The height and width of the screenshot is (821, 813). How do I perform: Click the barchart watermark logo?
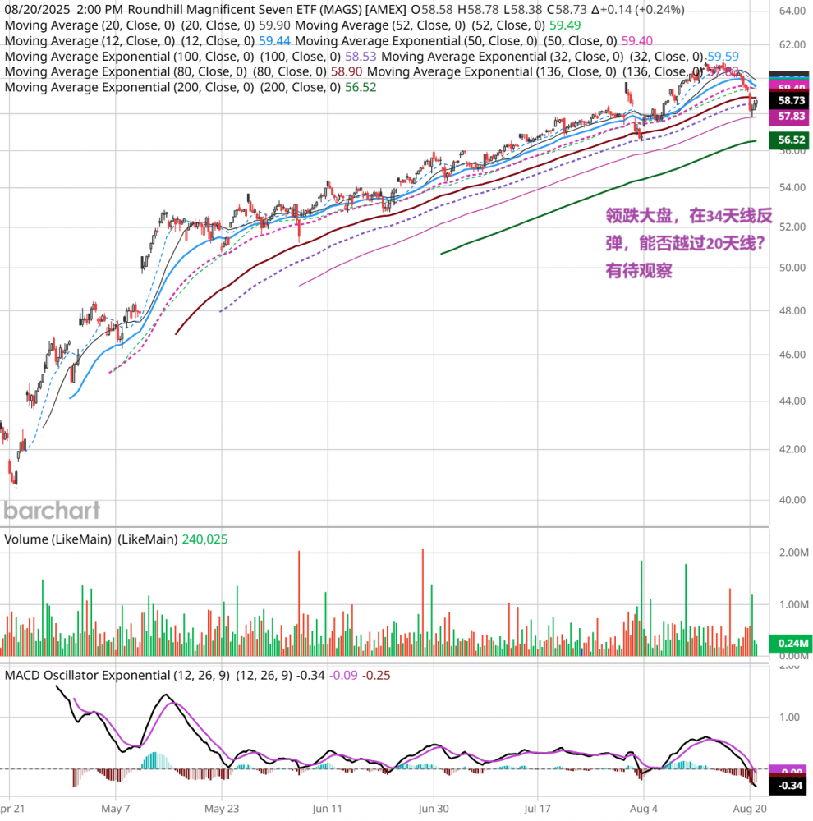coord(53,510)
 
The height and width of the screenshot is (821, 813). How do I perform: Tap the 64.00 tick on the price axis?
coord(792,11)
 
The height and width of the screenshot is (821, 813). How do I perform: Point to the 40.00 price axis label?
coord(792,498)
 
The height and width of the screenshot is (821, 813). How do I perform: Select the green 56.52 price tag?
coord(791,140)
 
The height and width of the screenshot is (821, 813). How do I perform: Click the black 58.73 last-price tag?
coord(791,100)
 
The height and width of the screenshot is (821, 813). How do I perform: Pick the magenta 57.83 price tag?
coord(791,118)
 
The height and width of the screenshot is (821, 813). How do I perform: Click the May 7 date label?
coord(116,808)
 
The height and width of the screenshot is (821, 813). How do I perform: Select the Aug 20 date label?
coord(751,808)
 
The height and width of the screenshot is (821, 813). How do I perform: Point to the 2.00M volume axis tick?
coord(792,553)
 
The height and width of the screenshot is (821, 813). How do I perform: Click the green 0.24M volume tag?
coord(791,644)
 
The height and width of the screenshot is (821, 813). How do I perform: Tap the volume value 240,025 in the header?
coord(204,539)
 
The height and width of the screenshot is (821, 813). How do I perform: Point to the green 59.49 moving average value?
coord(566,25)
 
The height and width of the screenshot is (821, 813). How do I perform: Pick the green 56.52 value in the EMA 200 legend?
coord(360,87)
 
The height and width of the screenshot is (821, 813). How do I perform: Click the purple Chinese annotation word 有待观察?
coord(639,271)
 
